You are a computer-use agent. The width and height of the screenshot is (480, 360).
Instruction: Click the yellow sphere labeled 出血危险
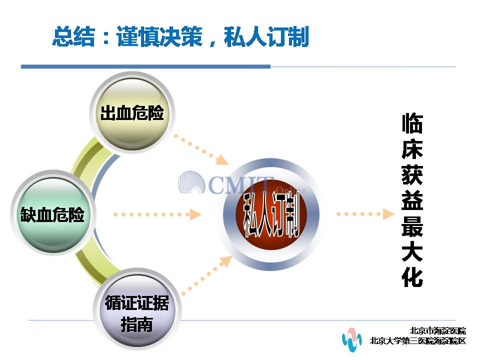click(x=132, y=113)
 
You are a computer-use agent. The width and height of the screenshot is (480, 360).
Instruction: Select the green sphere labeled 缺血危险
click(x=52, y=213)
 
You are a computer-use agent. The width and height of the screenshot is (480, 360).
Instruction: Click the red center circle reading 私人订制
click(x=271, y=214)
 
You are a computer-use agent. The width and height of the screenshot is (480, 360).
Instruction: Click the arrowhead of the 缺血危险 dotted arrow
click(x=195, y=214)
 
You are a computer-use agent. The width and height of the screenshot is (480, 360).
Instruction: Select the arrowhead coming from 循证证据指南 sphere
click(x=226, y=261)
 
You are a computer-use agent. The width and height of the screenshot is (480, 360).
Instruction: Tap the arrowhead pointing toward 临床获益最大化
click(x=388, y=214)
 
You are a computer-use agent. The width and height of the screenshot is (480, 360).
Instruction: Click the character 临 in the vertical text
click(x=412, y=123)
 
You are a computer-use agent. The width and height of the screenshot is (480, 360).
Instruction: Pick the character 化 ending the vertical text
click(x=412, y=277)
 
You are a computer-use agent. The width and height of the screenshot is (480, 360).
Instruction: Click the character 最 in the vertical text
click(x=412, y=226)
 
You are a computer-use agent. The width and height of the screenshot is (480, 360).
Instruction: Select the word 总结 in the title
click(x=73, y=36)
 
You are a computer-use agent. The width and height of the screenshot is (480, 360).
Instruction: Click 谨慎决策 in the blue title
click(x=159, y=36)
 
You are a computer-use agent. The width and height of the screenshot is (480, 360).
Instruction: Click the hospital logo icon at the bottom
click(x=351, y=339)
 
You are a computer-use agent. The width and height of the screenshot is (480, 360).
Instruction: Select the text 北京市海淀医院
click(x=438, y=330)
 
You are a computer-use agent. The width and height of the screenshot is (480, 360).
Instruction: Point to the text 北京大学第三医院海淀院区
click(x=418, y=340)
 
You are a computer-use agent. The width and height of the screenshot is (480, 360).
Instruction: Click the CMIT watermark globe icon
click(x=191, y=182)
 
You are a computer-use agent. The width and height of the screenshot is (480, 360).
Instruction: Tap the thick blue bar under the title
click(x=145, y=66)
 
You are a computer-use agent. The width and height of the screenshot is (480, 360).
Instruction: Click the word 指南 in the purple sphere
click(x=137, y=324)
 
